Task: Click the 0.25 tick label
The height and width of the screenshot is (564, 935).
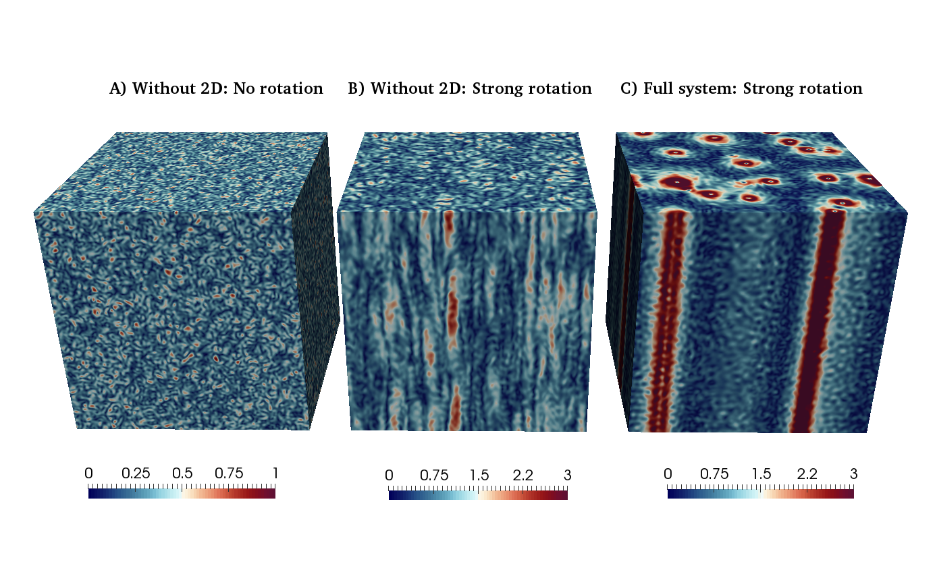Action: (135, 474)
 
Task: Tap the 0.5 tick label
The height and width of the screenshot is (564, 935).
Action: (182, 474)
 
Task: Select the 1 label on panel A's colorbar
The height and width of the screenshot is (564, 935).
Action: (275, 474)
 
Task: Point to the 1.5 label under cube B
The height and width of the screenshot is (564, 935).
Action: (479, 475)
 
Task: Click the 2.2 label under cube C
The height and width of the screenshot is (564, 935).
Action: (807, 474)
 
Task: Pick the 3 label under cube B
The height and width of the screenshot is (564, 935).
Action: (567, 475)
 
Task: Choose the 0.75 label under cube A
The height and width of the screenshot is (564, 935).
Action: (229, 474)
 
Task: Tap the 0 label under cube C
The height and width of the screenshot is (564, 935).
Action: (668, 474)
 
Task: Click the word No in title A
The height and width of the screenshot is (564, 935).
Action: (244, 88)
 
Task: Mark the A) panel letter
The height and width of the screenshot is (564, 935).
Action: (117, 89)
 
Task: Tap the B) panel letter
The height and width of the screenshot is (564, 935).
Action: (356, 89)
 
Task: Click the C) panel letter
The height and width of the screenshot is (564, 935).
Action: (629, 89)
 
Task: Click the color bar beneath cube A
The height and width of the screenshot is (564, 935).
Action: (182, 494)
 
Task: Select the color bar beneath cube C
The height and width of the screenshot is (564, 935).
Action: (761, 494)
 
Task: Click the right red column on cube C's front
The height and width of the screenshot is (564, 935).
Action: (818, 321)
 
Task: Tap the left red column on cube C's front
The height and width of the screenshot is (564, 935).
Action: (666, 321)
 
